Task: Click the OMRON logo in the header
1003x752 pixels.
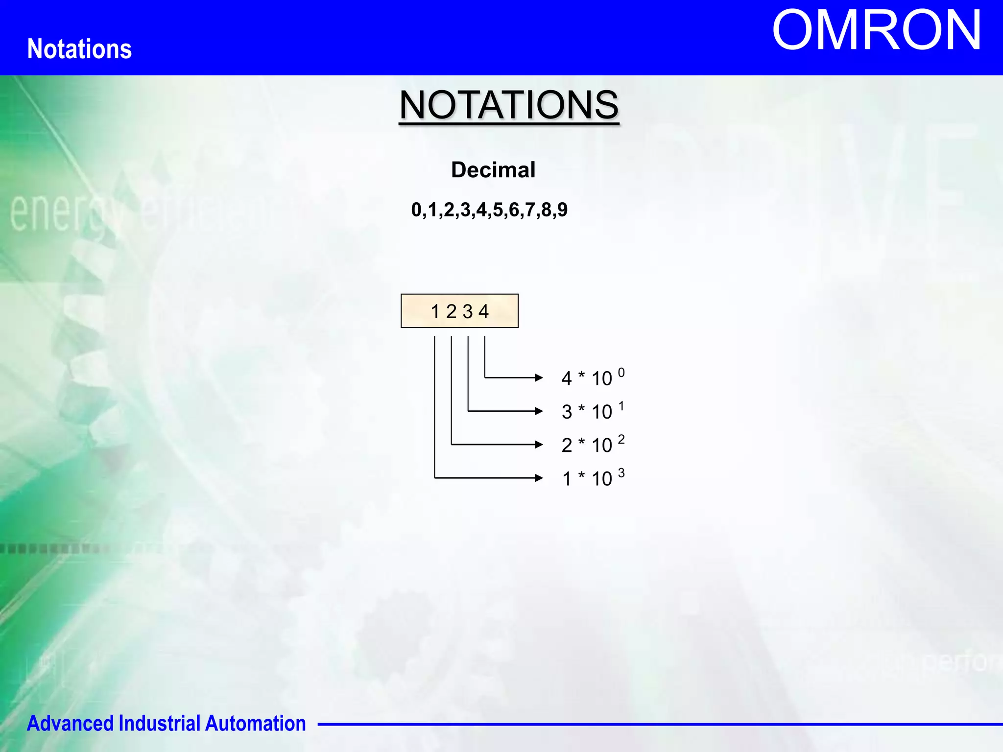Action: [876, 30]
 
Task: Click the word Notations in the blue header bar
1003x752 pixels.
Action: [79, 49]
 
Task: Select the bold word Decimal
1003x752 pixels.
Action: [493, 170]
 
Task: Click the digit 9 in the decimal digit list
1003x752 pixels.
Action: [562, 210]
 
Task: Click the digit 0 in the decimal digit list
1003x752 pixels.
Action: [416, 210]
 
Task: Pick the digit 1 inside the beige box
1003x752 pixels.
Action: [435, 311]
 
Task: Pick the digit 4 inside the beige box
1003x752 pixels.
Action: [484, 311]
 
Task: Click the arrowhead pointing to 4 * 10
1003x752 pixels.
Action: [539, 377]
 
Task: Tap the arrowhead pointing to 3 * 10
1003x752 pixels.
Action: [539, 411]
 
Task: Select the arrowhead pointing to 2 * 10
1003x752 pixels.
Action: [539, 445]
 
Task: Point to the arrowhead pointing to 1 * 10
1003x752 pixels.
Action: [539, 478]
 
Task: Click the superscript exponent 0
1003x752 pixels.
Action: [621, 373]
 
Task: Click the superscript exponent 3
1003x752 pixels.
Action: [621, 473]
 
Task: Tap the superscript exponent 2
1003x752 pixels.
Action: [621, 439]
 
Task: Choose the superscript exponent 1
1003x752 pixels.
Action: [621, 406]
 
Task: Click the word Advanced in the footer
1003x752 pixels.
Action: [70, 724]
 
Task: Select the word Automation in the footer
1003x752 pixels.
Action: [255, 724]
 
